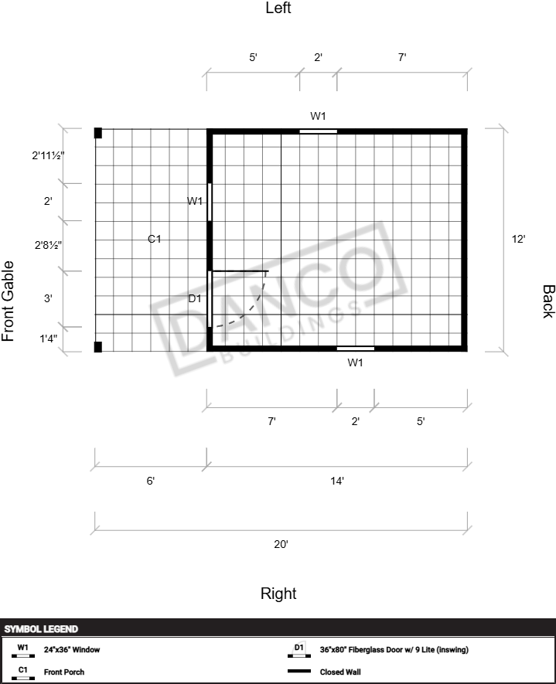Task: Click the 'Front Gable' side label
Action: click(x=8, y=301)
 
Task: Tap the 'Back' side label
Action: click(x=548, y=301)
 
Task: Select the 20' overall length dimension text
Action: click(x=281, y=544)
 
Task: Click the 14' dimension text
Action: click(x=337, y=481)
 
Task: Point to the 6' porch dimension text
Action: click(x=151, y=481)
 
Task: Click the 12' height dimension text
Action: click(x=518, y=239)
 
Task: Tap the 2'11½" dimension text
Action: click(x=48, y=155)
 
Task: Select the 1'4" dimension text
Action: click(x=49, y=339)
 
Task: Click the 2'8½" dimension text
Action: click(x=48, y=245)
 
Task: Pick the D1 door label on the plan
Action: click(x=195, y=298)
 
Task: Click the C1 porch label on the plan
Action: click(x=155, y=239)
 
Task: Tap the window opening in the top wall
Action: click(x=318, y=131)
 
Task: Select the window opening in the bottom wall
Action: click(x=356, y=349)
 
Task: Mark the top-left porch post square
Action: click(x=98, y=133)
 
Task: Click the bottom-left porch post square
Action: click(x=98, y=347)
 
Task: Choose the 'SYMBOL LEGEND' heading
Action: click(x=41, y=629)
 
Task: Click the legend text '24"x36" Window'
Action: click(x=72, y=649)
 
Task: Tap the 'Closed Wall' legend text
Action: click(x=340, y=672)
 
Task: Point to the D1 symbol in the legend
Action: click(x=299, y=649)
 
